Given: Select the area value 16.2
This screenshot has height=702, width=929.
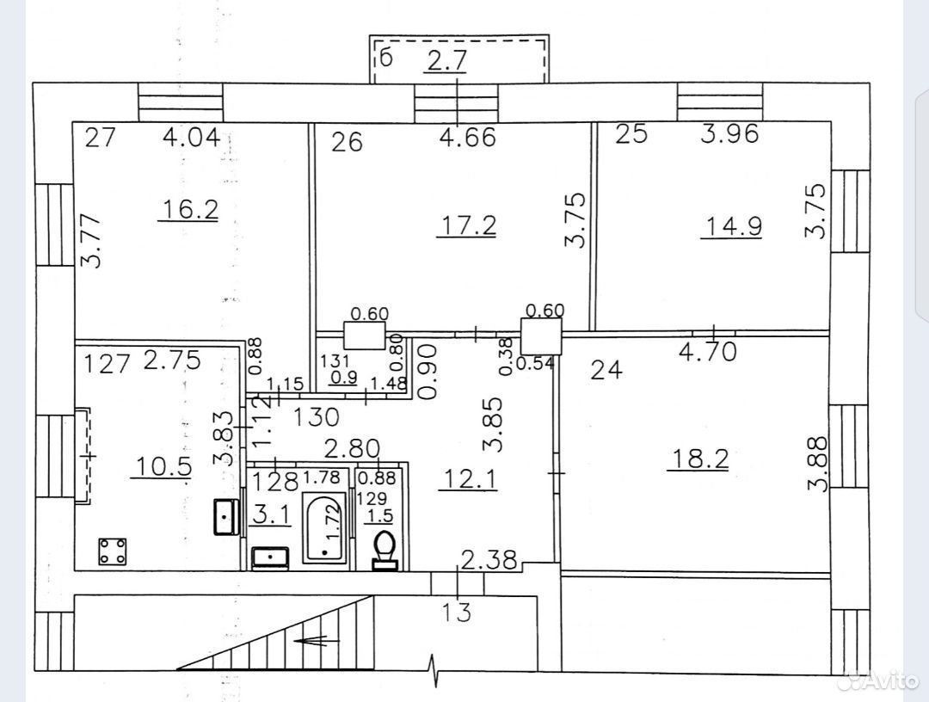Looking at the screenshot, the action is pyautogui.click(x=188, y=209).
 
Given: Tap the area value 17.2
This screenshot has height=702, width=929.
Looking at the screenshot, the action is pyautogui.click(x=466, y=225).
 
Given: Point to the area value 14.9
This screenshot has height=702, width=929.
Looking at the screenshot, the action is pyautogui.click(x=732, y=227).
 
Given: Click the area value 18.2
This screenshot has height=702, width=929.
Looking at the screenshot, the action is pyautogui.click(x=698, y=459).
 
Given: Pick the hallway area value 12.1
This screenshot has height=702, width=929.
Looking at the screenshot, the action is pyautogui.click(x=468, y=479).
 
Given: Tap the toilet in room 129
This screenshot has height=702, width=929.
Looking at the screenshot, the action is pyautogui.click(x=385, y=550).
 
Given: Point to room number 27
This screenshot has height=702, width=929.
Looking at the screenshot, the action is pyautogui.click(x=100, y=138).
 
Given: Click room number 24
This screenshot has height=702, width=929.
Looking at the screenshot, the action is pyautogui.click(x=606, y=370).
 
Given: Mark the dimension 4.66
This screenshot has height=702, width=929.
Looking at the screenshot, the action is pyautogui.click(x=467, y=138).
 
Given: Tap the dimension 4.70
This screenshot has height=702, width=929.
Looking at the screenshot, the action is pyautogui.click(x=708, y=351).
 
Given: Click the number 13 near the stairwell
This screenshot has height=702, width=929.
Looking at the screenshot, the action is pyautogui.click(x=457, y=612).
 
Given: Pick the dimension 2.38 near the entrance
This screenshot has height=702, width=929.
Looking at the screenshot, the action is pyautogui.click(x=489, y=559).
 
